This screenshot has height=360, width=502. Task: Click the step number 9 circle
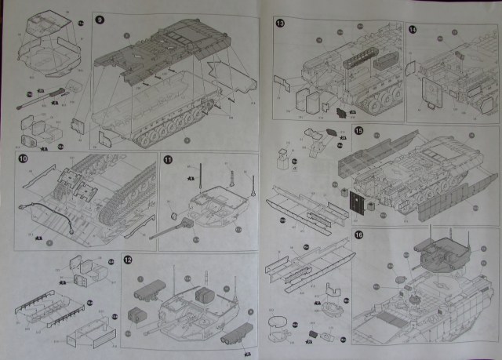(x=100, y=18)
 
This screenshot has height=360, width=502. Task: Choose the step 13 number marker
(x=280, y=24)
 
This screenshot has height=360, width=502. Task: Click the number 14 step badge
(x=413, y=29)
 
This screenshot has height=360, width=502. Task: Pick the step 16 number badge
(x=359, y=235)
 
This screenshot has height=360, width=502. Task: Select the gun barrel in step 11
(x=169, y=228)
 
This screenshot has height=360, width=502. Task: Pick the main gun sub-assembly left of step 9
(x=39, y=99)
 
